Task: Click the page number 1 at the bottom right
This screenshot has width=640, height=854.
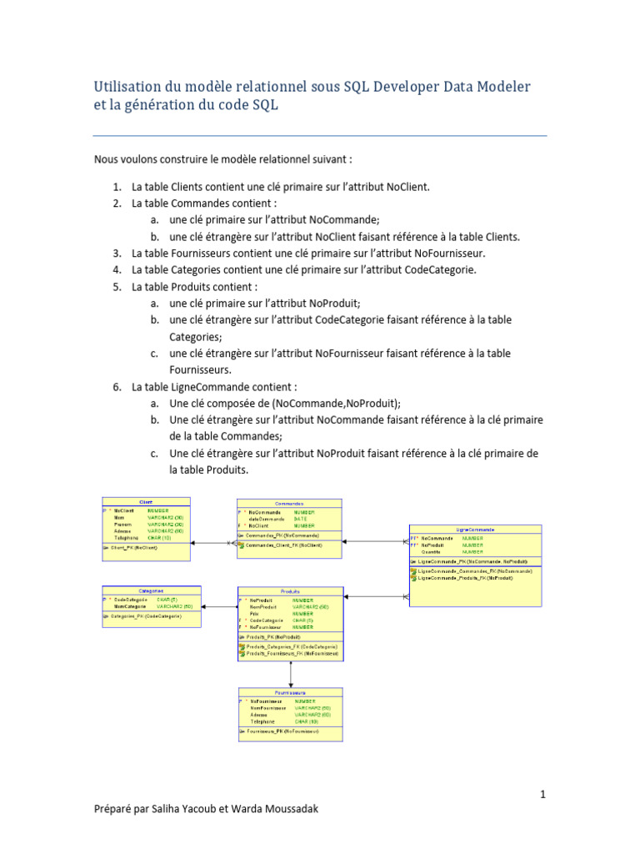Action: (543, 795)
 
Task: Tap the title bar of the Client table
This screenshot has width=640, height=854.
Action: (146, 502)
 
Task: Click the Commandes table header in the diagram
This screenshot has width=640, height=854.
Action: (289, 503)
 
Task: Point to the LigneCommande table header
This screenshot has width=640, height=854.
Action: (475, 529)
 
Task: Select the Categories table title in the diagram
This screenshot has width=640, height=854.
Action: (151, 590)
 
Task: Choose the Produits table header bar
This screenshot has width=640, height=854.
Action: (290, 590)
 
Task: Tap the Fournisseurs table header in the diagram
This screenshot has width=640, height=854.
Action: (290, 692)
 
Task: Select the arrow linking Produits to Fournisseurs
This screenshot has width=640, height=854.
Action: (290, 673)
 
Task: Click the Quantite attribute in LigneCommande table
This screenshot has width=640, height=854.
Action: (431, 551)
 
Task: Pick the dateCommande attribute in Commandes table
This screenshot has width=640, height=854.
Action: (267, 519)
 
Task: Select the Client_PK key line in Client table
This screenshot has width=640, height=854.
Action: (134, 548)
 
